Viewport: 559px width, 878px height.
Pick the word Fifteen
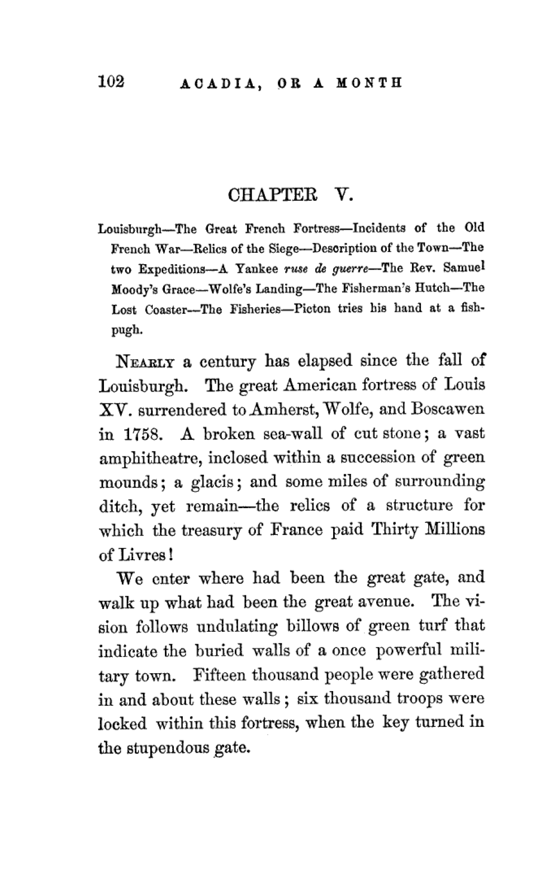(x=220, y=674)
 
